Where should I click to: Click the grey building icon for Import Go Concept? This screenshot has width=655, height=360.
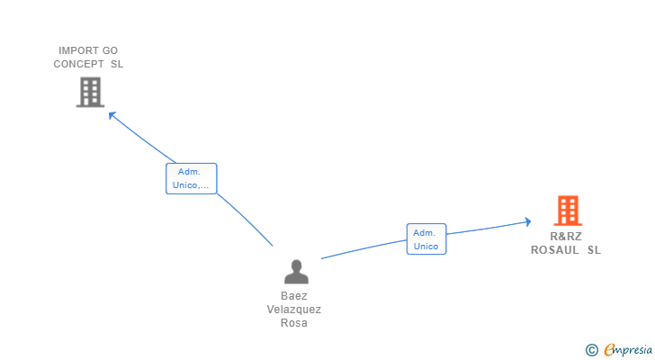90,92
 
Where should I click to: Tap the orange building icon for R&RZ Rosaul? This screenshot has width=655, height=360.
568,211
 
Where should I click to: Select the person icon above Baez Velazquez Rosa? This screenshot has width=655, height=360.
296,272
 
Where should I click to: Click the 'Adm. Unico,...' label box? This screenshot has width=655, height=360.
192,178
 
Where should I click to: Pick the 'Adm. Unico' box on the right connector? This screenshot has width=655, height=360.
426,238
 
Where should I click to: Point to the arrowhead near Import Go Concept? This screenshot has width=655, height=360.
112,115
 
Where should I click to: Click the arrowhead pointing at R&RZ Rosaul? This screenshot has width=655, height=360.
528,221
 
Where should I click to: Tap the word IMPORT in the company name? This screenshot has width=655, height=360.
78,50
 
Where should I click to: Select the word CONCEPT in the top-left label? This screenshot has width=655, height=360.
78,64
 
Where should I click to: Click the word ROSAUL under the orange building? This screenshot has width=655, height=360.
555,249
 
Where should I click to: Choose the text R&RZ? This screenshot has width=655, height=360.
566,237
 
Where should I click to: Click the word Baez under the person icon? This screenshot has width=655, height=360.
294,296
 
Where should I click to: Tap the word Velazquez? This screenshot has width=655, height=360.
294,310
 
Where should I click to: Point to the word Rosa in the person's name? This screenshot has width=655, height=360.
294,323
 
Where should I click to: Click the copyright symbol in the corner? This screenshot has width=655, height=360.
591,350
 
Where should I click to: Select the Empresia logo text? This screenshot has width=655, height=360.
628,349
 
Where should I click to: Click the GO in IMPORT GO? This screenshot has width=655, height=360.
110,50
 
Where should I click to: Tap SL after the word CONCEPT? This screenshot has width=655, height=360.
117,64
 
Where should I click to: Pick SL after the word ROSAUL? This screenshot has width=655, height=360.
594,249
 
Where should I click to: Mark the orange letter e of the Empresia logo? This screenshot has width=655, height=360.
609,349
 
